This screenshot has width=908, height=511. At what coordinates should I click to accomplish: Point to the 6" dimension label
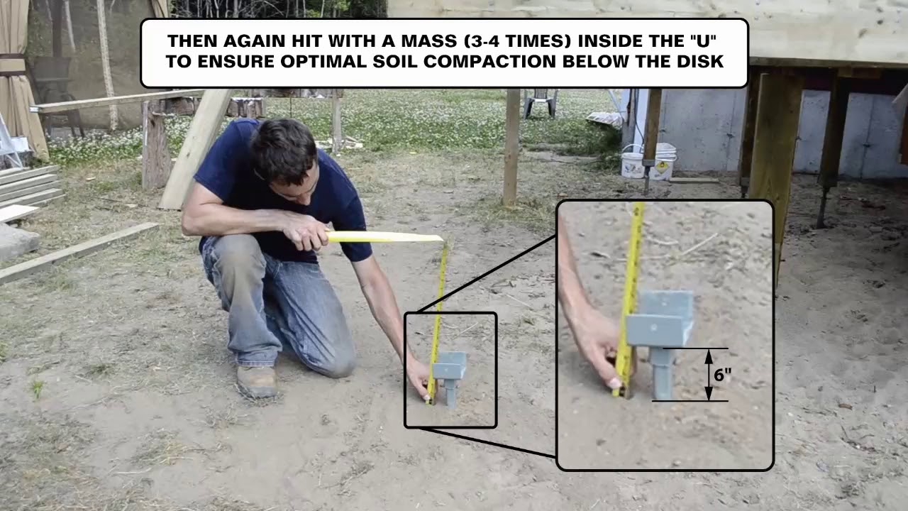(722, 375)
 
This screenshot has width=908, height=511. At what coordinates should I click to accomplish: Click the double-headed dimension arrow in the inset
(709, 375)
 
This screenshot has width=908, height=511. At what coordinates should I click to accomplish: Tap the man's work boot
(256, 381)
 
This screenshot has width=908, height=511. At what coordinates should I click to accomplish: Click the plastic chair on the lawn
(541, 103)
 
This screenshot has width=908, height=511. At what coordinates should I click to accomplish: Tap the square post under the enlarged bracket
(662, 373)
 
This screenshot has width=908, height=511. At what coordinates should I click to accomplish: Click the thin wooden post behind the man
(511, 147)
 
